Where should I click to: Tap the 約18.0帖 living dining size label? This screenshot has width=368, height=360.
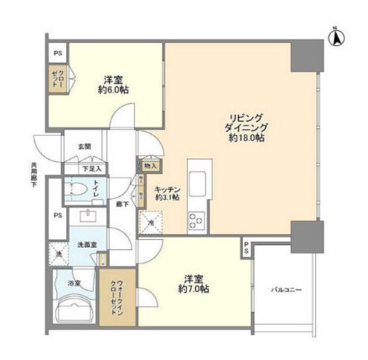(x=244, y=138)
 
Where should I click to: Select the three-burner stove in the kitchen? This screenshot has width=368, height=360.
(x=195, y=221)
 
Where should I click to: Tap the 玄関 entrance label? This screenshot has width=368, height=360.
(x=85, y=147)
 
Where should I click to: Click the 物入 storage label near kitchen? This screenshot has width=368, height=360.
(x=149, y=166)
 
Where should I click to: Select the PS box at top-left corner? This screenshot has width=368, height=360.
(x=56, y=50)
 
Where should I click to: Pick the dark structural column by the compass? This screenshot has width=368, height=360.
(x=305, y=55)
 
